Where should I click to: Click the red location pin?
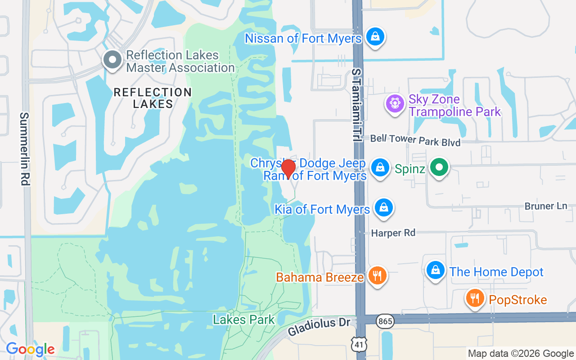(288, 169)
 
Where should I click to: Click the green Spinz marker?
(439, 168)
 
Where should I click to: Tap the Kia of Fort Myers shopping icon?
(383, 207)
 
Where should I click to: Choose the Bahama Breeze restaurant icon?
(377, 275)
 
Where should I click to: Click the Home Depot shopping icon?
(435, 270)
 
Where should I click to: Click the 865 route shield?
(386, 321)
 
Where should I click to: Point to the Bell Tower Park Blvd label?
(415, 140)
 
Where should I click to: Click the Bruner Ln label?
(545, 206)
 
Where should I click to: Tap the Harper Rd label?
(393, 233)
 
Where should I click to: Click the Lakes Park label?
(243, 319)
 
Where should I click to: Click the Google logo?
(30, 349)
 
